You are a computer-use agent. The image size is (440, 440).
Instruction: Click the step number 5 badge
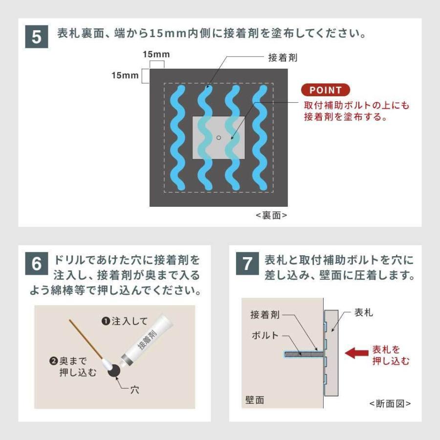(x=37, y=37)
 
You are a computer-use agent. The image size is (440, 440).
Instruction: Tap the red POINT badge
(x=325, y=90)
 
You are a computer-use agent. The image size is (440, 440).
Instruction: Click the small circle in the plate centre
(x=219, y=138)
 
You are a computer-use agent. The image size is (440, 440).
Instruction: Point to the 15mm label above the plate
(x=154, y=54)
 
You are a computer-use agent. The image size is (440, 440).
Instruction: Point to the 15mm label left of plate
(x=125, y=76)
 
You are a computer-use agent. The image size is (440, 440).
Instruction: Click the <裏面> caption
(x=271, y=216)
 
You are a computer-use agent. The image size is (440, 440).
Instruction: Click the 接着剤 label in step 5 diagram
(x=283, y=58)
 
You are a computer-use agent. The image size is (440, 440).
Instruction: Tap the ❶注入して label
(x=124, y=321)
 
